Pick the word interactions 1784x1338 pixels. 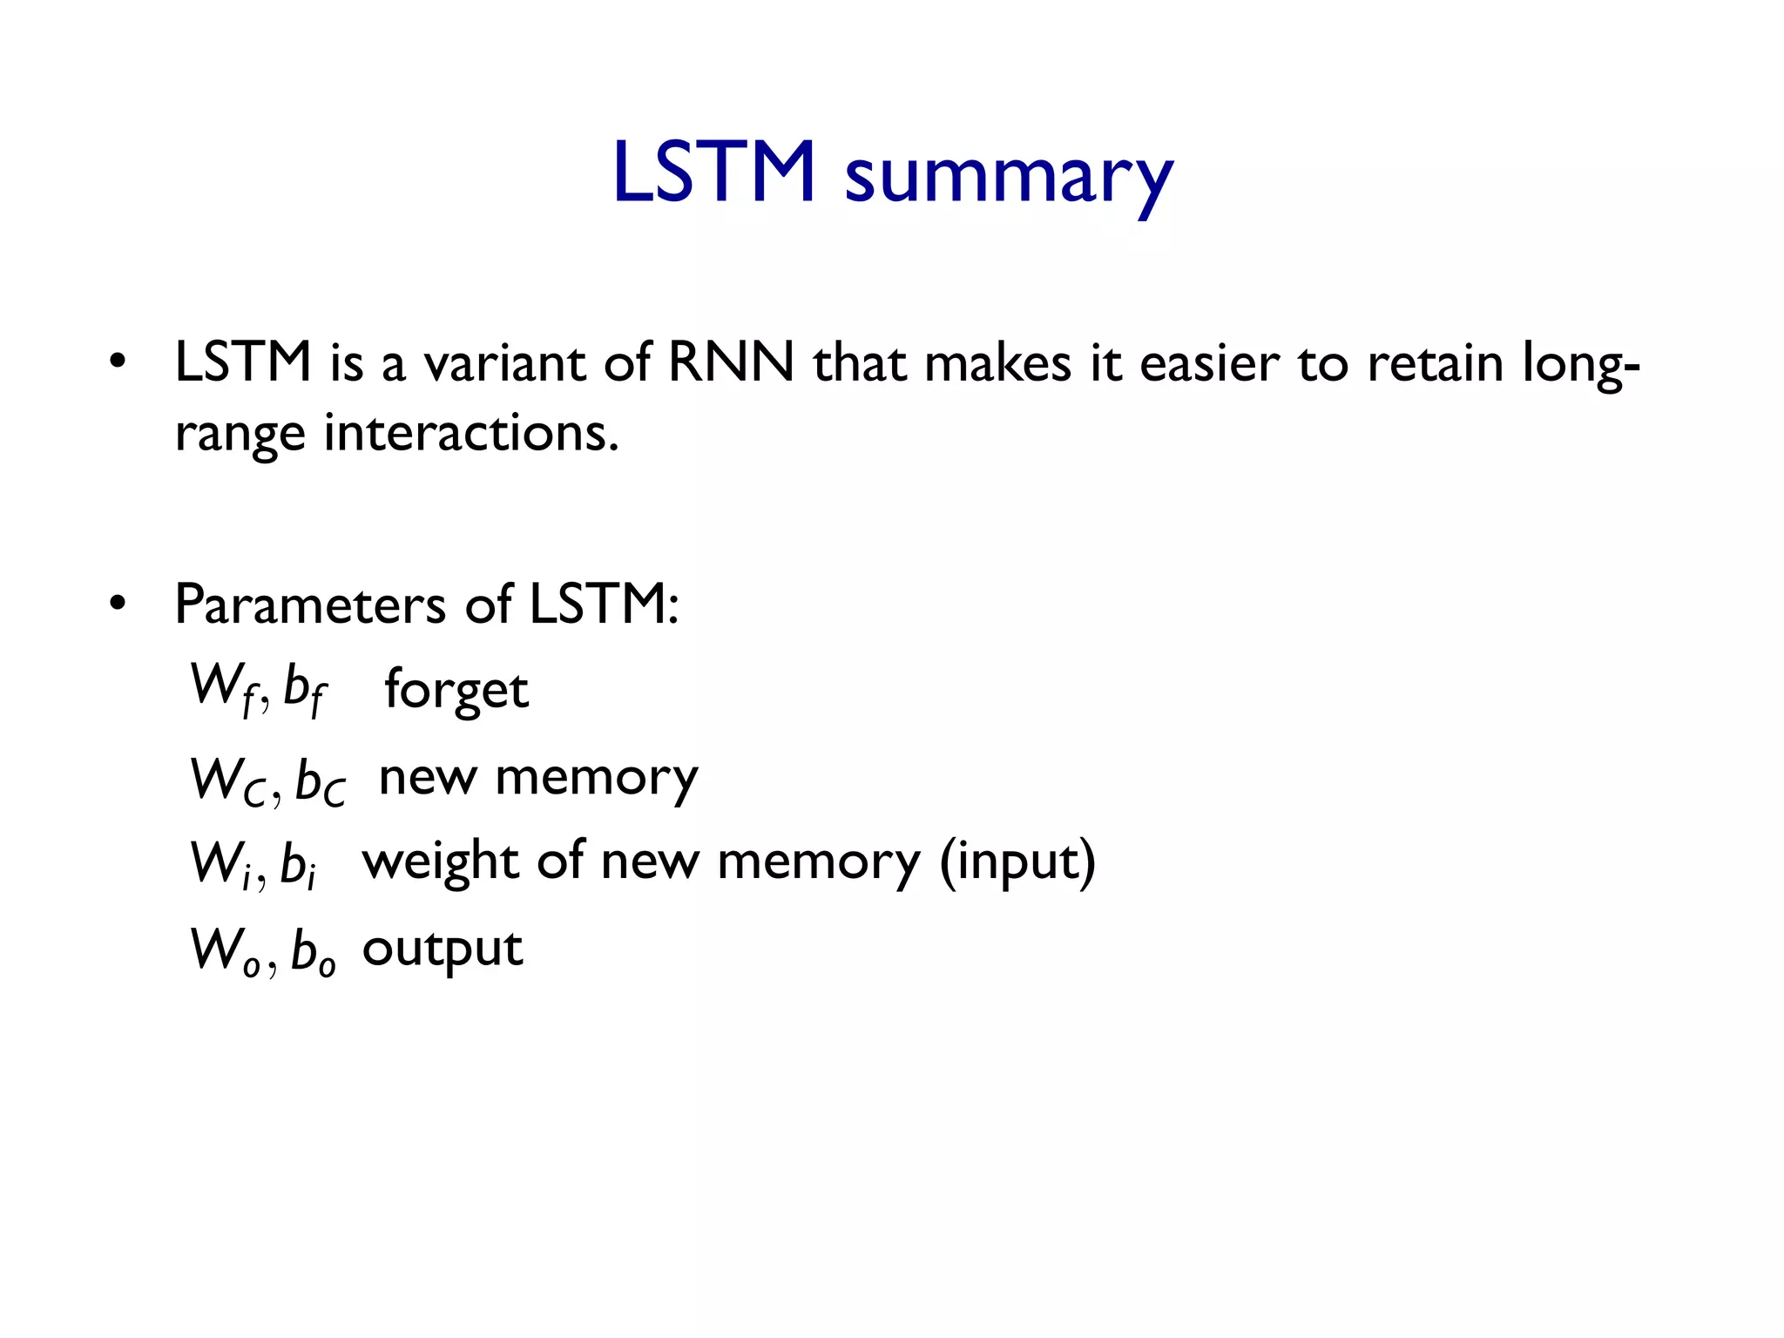pyautogui.click(x=471, y=433)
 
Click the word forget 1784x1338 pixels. pyautogui.click(x=456, y=690)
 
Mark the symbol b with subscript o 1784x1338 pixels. pyautogui.click(x=313, y=951)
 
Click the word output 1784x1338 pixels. pyautogui.click(x=443, y=949)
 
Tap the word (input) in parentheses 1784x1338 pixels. pyautogui.click(x=1017, y=862)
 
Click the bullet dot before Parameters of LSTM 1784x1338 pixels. pyautogui.click(x=118, y=603)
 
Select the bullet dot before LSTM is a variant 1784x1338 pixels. pyautogui.click(x=118, y=362)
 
